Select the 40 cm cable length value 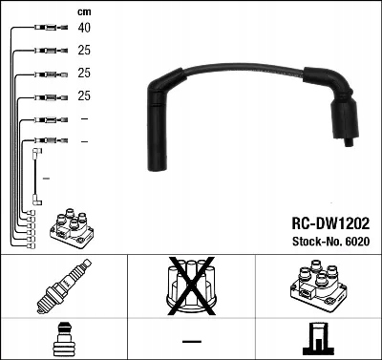(84, 29)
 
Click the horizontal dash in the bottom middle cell (191, 341)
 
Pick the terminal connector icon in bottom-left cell (63, 339)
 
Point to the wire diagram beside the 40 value (47, 29)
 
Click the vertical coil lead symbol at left (37, 177)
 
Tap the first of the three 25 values (84, 51)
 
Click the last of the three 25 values (84, 96)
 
